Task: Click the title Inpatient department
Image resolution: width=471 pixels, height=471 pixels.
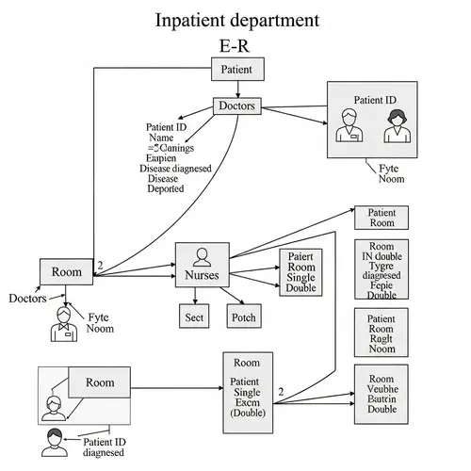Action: pyautogui.click(x=235, y=20)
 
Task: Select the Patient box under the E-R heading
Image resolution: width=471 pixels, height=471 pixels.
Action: pyautogui.click(x=236, y=69)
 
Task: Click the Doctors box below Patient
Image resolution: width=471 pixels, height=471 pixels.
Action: pyautogui.click(x=236, y=106)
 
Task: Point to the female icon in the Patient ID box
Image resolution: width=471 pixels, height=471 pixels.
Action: pyautogui.click(x=394, y=126)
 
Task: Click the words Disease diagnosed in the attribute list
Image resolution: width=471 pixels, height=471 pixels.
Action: pyautogui.click(x=175, y=169)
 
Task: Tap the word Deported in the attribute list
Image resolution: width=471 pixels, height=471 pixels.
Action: pyautogui.click(x=166, y=188)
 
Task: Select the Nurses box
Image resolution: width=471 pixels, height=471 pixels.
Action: pyautogui.click(x=202, y=268)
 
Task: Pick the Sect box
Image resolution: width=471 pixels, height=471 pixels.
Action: pyautogui.click(x=195, y=317)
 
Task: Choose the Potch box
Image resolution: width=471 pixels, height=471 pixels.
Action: pyautogui.click(x=243, y=317)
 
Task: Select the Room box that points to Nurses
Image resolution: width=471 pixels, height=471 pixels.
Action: pyautogui.click(x=67, y=271)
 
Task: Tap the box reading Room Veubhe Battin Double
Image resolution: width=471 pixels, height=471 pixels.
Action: pyautogui.click(x=382, y=390)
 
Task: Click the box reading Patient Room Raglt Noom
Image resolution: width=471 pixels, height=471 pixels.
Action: pyautogui.click(x=382, y=333)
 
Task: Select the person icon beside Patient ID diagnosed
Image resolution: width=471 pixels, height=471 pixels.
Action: pyautogui.click(x=55, y=441)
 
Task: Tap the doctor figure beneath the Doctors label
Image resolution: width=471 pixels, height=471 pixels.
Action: pyautogui.click(x=63, y=323)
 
